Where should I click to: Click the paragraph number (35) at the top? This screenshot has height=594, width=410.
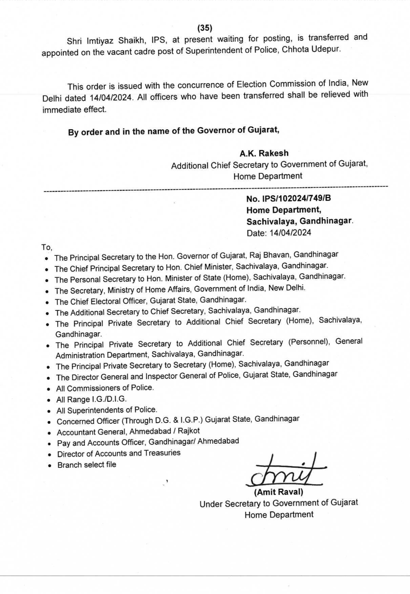point(205,28)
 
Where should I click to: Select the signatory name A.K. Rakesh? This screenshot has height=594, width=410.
point(264,153)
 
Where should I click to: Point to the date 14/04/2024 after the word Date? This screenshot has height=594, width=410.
point(290,233)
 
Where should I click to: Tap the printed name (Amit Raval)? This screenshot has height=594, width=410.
point(279,492)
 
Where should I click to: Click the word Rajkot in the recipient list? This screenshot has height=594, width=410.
point(189,431)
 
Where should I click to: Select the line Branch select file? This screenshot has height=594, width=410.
point(87,465)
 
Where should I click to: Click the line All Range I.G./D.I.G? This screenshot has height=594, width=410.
point(91,399)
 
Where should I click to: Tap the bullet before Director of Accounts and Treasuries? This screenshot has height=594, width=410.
point(50,455)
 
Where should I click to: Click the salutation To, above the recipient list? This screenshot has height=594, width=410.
point(47,247)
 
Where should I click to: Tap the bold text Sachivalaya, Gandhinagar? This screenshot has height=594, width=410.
point(299,221)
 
